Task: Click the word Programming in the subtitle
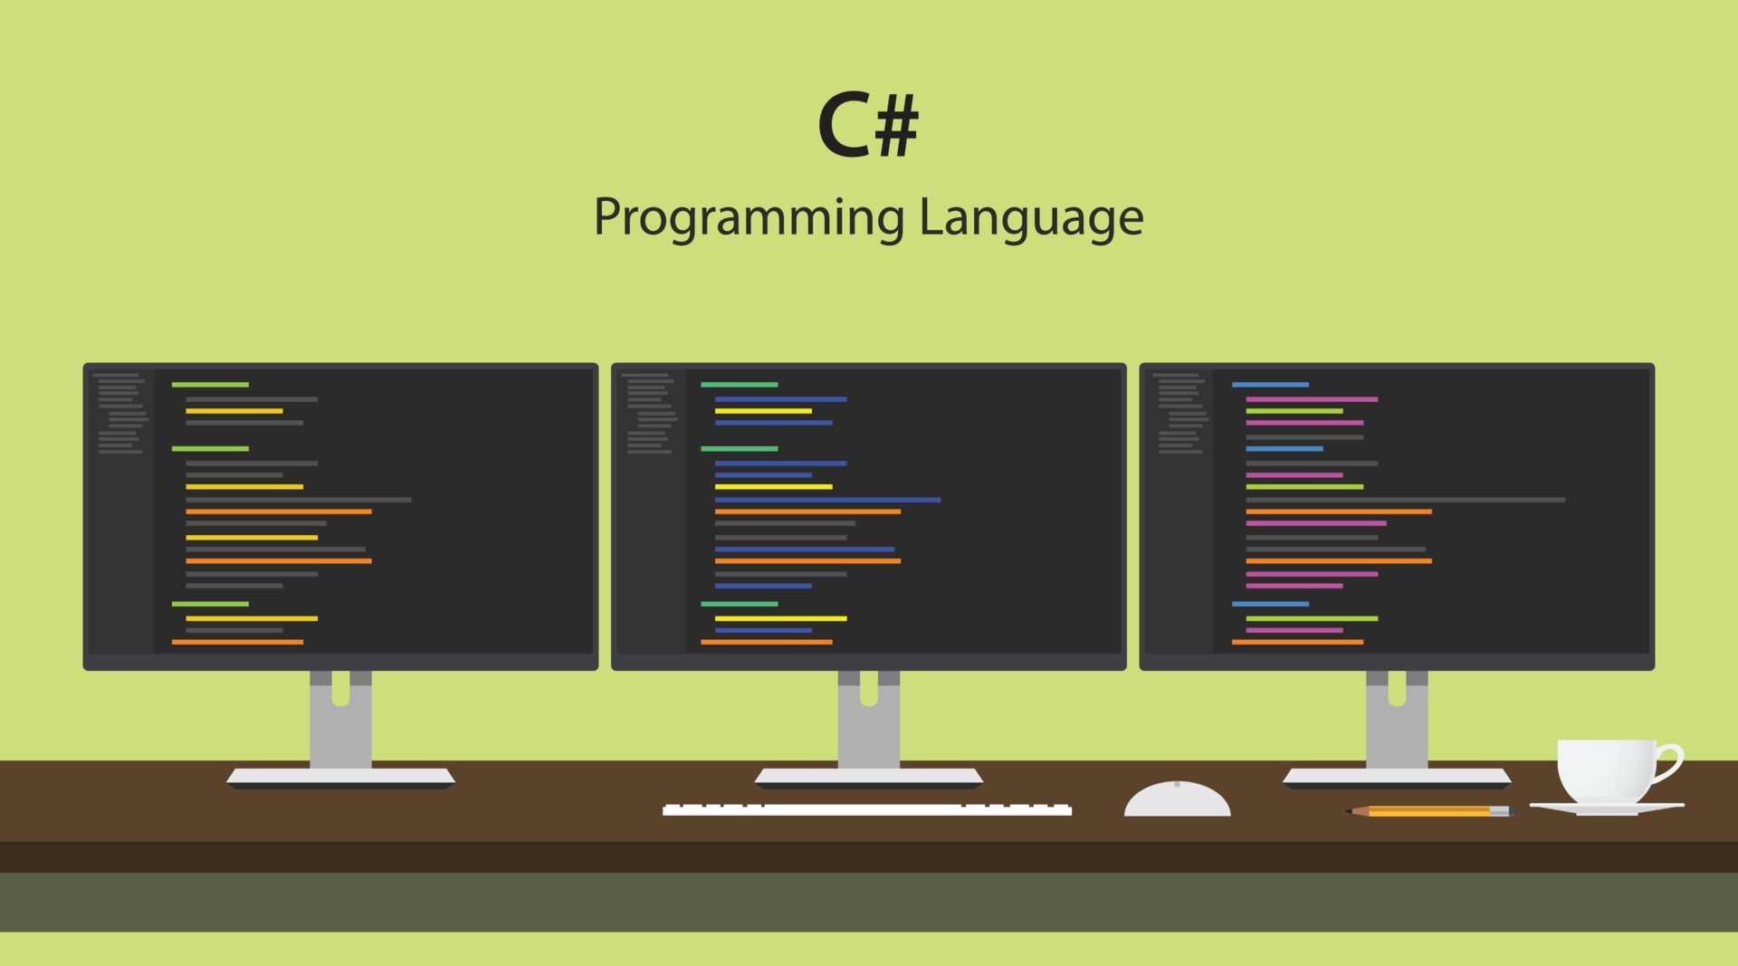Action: (749, 218)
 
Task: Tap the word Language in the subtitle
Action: (1031, 218)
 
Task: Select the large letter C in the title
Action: (843, 126)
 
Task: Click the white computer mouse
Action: (1177, 801)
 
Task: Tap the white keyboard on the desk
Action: (866, 809)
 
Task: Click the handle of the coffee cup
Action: (1670, 760)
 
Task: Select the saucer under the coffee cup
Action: (1607, 807)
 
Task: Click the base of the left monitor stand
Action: (340, 777)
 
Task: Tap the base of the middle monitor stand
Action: (868, 777)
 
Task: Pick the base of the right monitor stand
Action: (1397, 777)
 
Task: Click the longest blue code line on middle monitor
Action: (827, 500)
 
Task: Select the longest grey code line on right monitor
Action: (1405, 500)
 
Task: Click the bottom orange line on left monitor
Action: (237, 642)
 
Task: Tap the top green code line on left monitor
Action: (210, 385)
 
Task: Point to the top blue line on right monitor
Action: (1270, 385)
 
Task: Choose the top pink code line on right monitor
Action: (1312, 399)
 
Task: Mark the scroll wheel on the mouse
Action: (1177, 784)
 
